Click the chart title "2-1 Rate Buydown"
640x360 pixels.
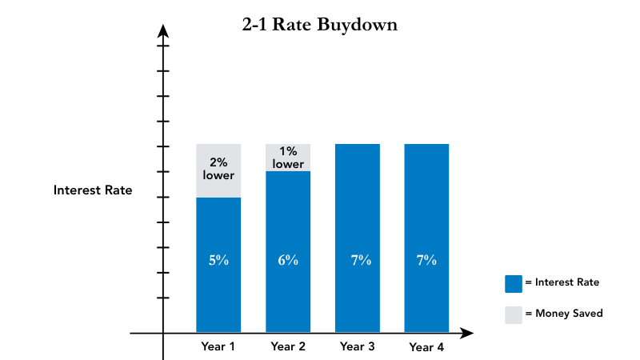320,25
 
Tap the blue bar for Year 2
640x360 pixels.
288,288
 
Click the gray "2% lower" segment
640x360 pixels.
218,170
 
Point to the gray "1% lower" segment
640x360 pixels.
288,158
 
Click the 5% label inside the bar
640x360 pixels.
218,260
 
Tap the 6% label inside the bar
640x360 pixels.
288,260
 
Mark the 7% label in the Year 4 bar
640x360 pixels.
426,260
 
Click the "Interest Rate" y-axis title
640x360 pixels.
93,190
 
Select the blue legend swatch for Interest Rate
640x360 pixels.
513,283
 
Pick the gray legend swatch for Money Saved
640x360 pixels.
513,314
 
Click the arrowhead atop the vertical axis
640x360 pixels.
163,30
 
